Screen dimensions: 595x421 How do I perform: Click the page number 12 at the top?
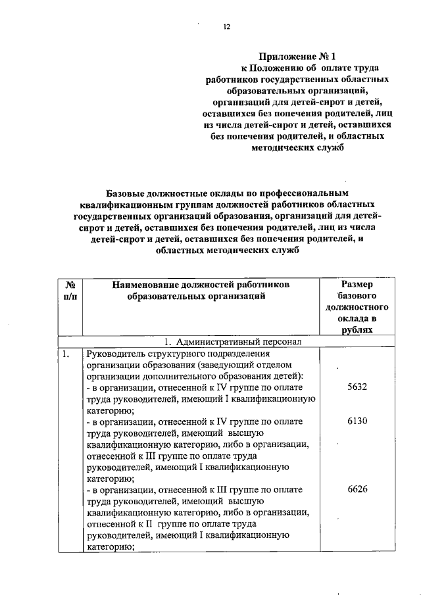[227, 26]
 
